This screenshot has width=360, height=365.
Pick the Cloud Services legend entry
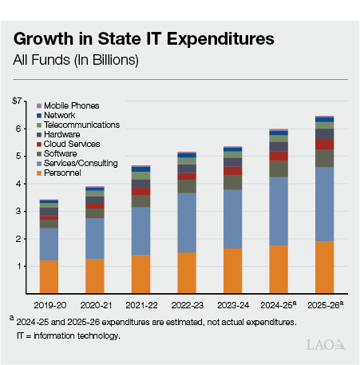(x=72, y=144)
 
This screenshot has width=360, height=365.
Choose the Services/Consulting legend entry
(x=81, y=163)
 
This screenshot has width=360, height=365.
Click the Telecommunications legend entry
(x=81, y=125)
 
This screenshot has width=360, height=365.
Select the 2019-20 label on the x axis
(x=48, y=304)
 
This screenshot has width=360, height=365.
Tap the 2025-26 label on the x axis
(x=325, y=304)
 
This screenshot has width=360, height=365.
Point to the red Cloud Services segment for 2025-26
(x=323, y=144)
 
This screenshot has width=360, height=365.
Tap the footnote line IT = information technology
(x=68, y=335)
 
